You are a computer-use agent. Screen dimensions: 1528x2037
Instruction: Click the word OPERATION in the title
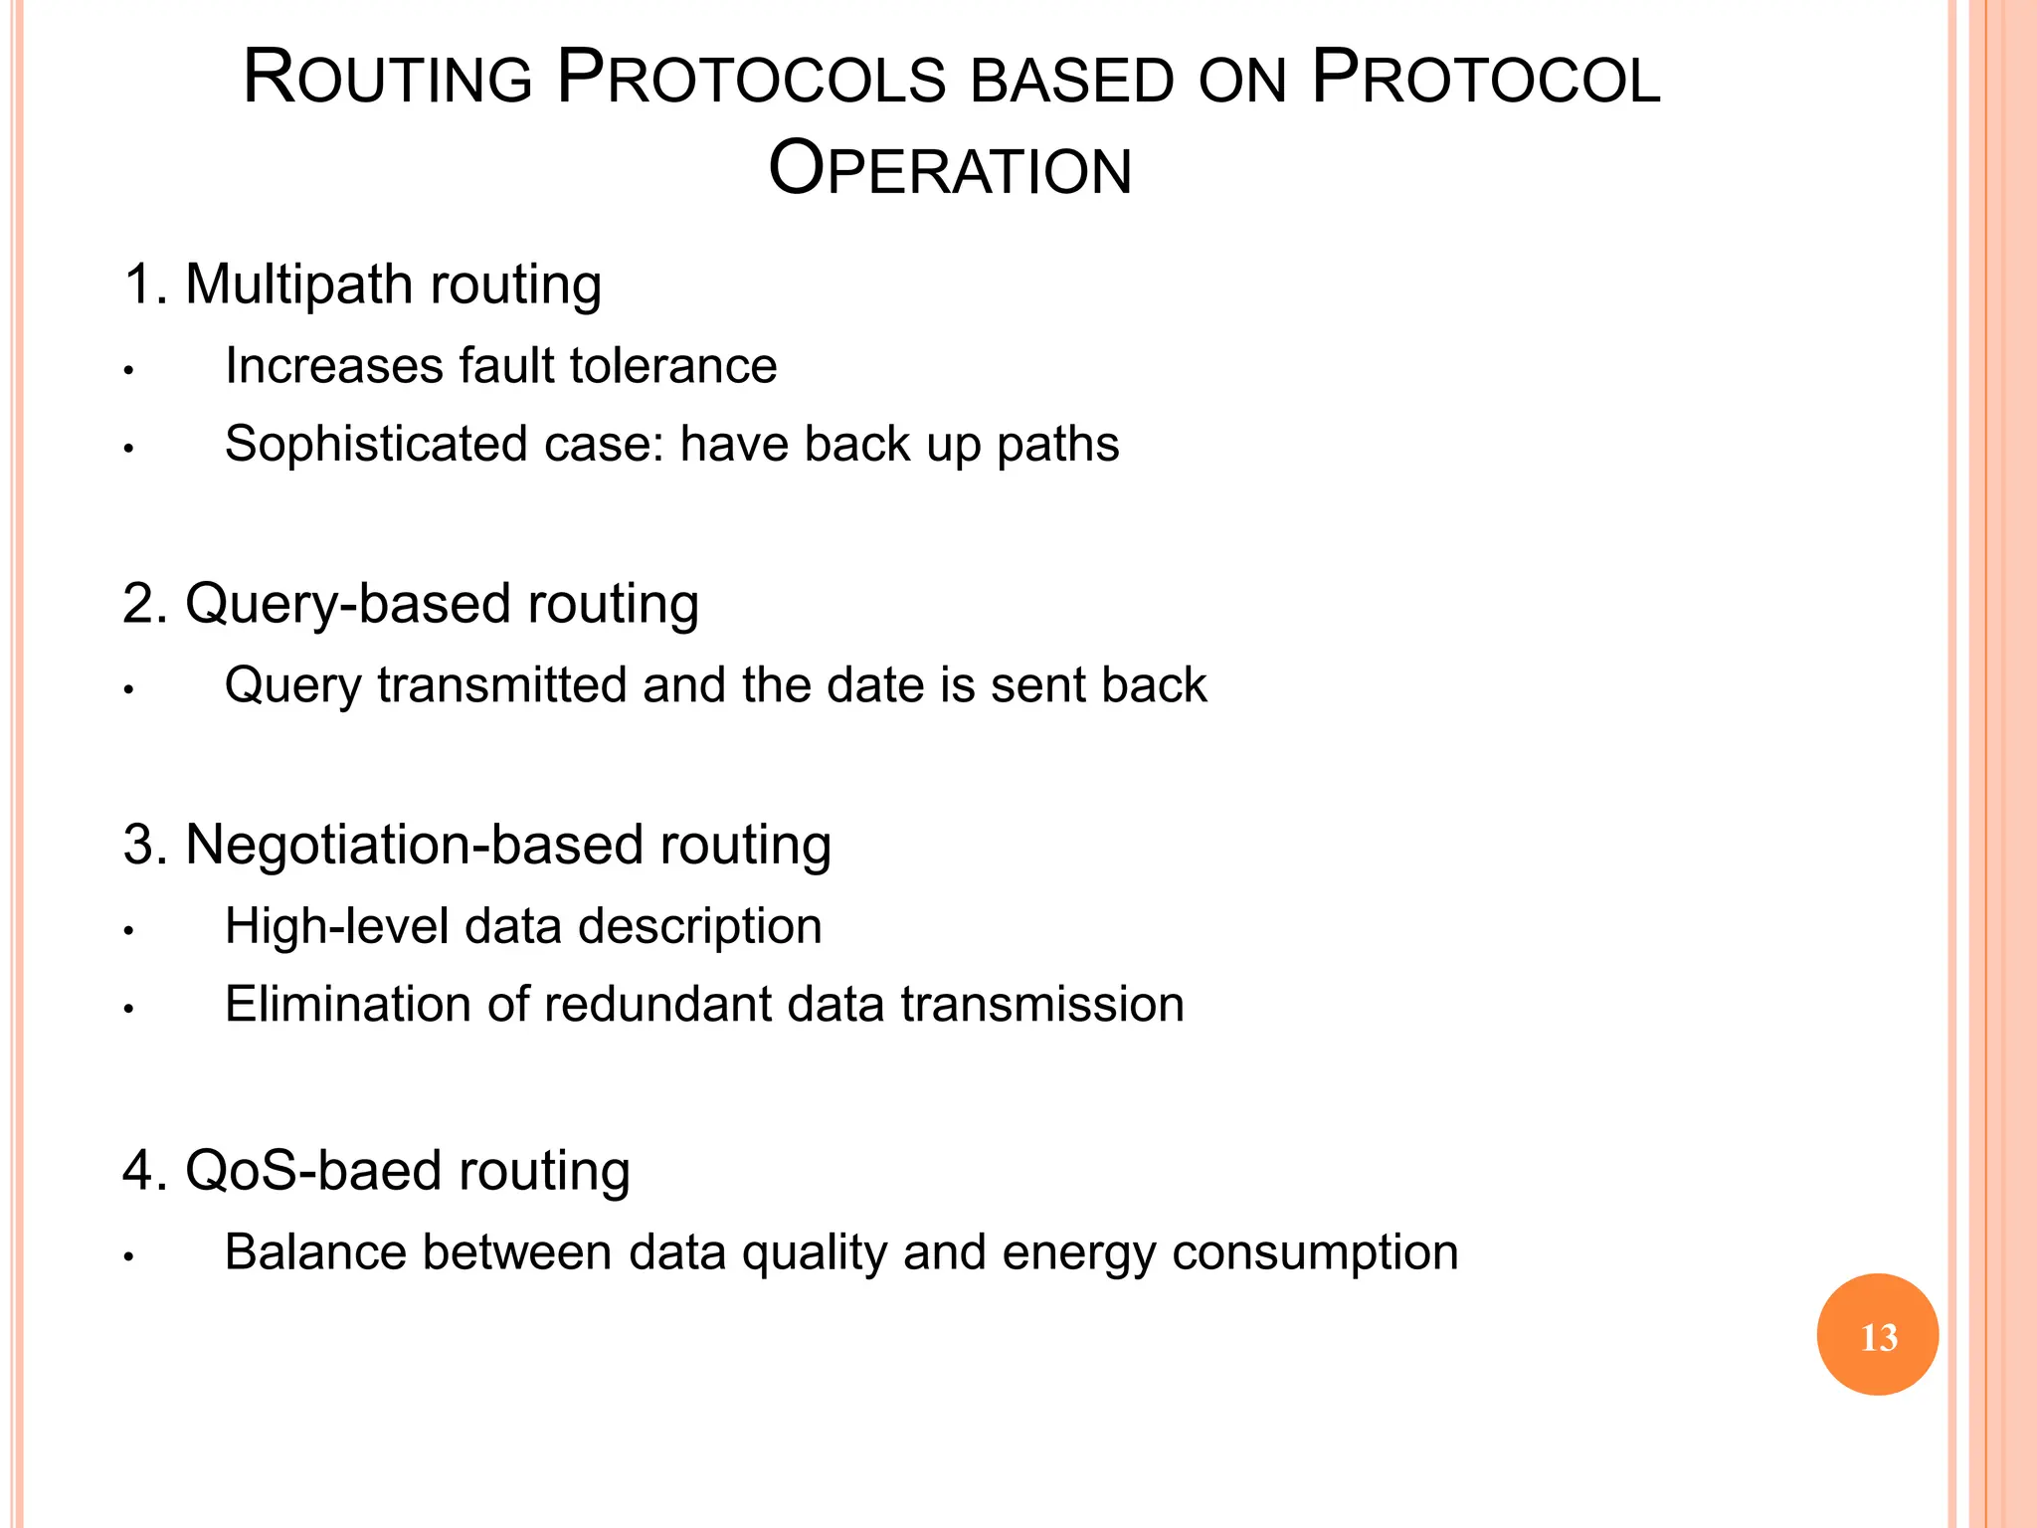click(950, 169)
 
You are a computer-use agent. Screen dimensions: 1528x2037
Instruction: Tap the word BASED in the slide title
click(1072, 80)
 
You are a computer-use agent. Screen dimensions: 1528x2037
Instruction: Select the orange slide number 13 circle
click(1877, 1335)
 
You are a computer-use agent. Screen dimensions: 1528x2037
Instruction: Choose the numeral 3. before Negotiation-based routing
click(145, 846)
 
